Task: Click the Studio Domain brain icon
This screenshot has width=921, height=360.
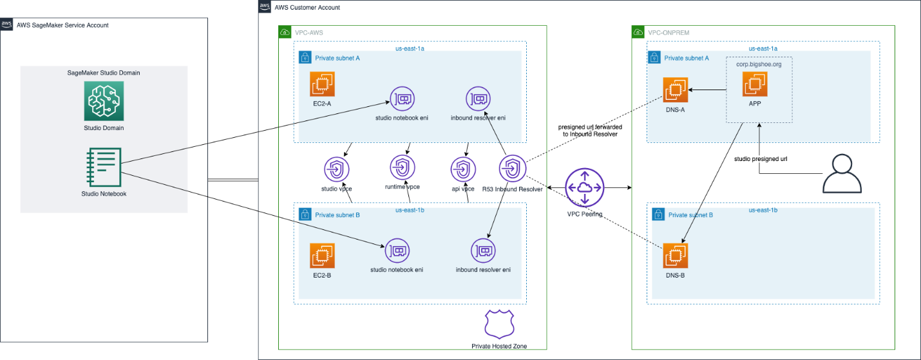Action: [104, 101]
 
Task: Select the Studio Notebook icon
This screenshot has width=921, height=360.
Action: [104, 167]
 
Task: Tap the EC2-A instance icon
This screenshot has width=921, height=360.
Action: [322, 84]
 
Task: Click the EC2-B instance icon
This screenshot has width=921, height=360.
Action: [322, 256]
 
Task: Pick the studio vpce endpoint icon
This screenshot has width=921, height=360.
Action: [337, 169]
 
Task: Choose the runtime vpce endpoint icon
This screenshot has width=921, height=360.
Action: [403, 167]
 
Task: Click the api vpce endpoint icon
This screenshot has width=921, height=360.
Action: [463, 169]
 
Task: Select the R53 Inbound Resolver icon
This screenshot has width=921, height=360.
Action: [513, 169]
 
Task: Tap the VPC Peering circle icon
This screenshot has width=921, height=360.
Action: [585, 188]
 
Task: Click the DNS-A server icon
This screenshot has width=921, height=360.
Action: [676, 90]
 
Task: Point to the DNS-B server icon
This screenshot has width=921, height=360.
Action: [676, 256]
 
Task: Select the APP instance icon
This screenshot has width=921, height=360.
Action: [755, 84]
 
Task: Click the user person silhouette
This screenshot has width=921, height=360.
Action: [842, 173]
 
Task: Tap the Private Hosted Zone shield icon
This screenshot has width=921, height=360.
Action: [500, 325]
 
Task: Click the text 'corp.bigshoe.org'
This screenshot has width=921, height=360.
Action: [759, 64]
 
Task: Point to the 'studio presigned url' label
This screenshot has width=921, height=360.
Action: [761, 159]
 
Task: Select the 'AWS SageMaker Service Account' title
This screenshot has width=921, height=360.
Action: [62, 25]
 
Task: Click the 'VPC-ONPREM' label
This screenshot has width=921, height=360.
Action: [669, 32]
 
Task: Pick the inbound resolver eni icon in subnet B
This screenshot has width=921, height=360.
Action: [483, 251]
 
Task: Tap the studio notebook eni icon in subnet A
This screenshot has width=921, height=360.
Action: [402, 99]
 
